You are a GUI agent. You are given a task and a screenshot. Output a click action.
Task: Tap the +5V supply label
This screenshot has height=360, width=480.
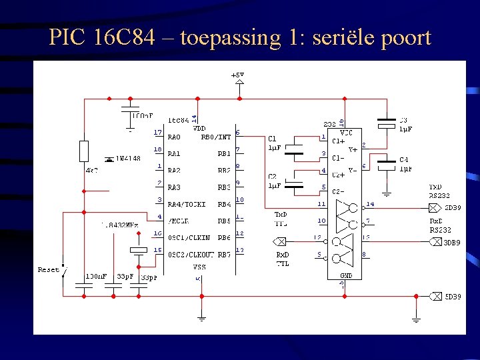coord(237,75)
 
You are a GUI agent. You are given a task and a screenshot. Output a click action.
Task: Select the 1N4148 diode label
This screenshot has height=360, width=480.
coord(128,159)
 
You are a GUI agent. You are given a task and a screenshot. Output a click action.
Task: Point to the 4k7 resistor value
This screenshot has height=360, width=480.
coord(91,171)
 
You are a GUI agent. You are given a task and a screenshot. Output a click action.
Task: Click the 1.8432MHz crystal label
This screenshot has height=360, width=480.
coord(119,225)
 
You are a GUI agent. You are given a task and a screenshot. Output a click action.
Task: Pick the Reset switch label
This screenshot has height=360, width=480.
coord(48,270)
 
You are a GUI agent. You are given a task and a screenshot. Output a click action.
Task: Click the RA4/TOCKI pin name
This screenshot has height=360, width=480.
coord(187,204)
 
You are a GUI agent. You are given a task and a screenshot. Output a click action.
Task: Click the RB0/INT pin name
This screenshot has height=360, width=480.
coord(215,137)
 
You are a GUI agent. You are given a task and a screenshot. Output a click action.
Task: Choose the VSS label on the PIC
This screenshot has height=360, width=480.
coord(199,267)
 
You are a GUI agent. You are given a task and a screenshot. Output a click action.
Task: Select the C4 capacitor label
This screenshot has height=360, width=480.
coord(404,160)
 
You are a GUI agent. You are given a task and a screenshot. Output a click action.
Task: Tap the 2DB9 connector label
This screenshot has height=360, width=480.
coord(453,208)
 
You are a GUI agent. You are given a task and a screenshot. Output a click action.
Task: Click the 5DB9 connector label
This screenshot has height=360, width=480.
coord(453,297)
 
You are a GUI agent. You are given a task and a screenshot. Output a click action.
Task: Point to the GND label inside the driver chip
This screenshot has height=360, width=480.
coord(345,275)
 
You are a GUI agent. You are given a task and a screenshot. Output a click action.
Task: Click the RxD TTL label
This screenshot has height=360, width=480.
coord(282,260)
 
